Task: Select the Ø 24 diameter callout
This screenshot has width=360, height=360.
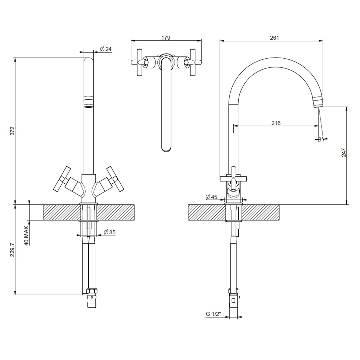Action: point(105,49)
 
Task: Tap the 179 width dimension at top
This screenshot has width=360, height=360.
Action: point(166,37)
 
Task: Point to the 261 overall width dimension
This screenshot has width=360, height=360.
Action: point(274,37)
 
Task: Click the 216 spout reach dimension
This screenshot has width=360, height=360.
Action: point(276,123)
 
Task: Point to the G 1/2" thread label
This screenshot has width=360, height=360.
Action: point(213,314)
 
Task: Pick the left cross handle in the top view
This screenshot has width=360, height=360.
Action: point(139,63)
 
